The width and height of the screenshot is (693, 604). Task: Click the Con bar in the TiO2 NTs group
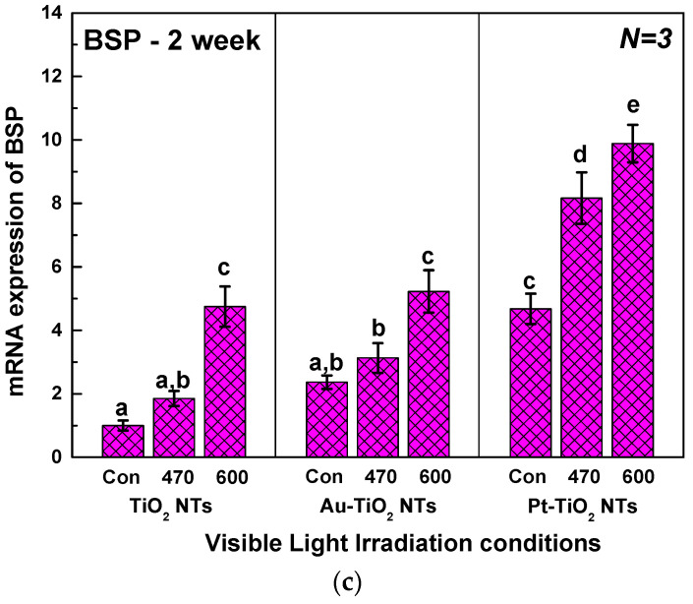tap(123, 442)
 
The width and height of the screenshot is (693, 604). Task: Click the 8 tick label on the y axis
tap(54, 204)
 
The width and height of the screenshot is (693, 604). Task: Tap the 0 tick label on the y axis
tap(54, 457)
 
